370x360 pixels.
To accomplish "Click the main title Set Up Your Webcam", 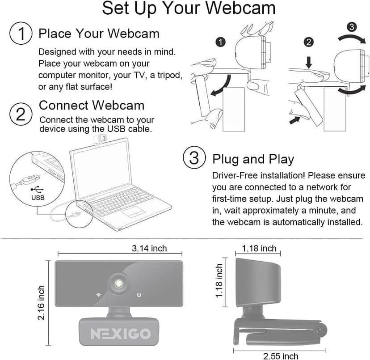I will (189, 9).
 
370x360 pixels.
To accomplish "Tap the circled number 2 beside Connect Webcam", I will (20, 114).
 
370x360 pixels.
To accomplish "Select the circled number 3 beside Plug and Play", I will (193, 158).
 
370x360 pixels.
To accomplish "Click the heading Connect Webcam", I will (92, 106).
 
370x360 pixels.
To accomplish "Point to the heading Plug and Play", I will (253, 159).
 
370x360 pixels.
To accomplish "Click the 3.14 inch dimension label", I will (149, 249).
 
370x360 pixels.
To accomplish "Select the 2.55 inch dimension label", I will (280, 356).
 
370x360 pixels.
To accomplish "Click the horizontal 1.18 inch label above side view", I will (259, 248).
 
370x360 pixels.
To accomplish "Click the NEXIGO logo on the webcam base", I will (121, 334).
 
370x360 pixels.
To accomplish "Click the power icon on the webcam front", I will (139, 295).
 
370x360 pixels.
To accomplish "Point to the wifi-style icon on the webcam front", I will (97, 295).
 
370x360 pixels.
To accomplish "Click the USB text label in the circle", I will (38, 197).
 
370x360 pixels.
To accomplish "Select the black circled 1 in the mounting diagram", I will (219, 42).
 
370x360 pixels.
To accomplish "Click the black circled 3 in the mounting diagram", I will (352, 27).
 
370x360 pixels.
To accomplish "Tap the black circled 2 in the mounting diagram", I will (308, 42).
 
